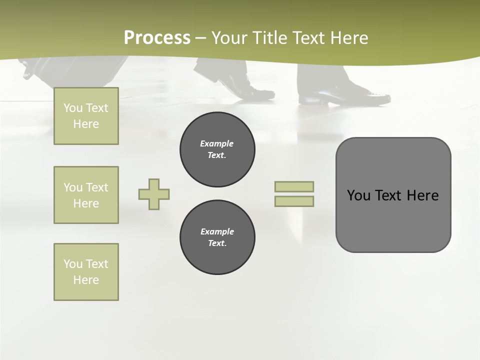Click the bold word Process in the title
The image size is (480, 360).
tap(157, 38)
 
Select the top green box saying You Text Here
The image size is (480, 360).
tap(86, 116)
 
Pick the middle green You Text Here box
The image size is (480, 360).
tap(86, 195)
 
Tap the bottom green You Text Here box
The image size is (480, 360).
tap(86, 272)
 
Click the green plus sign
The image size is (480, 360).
tap(154, 194)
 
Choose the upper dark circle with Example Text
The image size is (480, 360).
tap(217, 149)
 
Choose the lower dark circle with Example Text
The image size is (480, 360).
tap(217, 237)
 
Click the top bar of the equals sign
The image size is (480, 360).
tap(294, 186)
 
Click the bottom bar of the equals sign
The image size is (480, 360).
tap(294, 201)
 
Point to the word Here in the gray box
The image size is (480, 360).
tap(422, 195)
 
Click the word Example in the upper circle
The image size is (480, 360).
tap(217, 143)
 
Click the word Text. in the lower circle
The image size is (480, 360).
tap(217, 243)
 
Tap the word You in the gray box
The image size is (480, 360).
tap(358, 195)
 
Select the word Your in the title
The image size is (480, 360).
tap(229, 38)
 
